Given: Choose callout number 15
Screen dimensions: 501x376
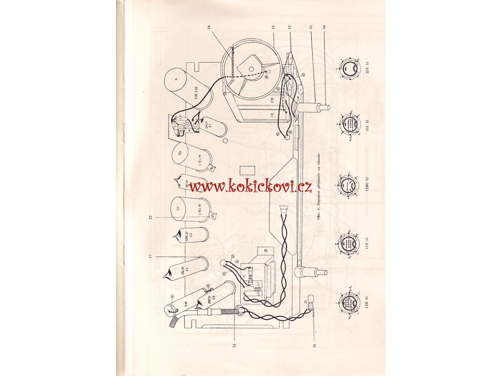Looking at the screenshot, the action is tap(234, 345).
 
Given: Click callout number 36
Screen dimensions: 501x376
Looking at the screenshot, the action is tap(314, 345).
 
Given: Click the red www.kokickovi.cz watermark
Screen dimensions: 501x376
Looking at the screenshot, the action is tap(250, 186).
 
